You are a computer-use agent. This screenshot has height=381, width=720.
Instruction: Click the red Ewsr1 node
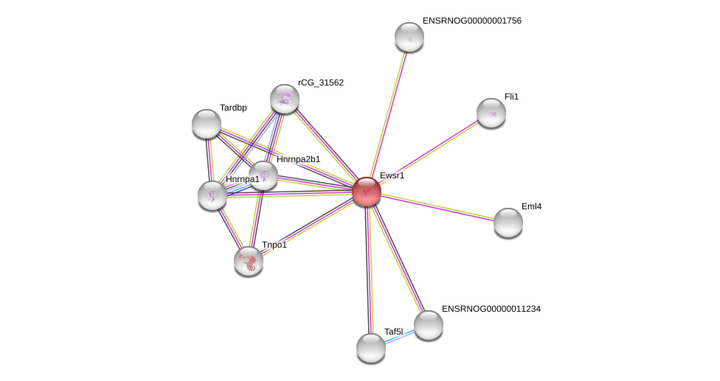[x=367, y=192]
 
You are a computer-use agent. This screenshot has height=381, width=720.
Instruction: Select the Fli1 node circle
[x=491, y=113]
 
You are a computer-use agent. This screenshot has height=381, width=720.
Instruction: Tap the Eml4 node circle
[x=508, y=223]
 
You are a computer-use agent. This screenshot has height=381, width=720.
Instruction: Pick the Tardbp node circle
[x=207, y=124]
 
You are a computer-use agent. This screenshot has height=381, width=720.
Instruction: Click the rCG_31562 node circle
[x=285, y=99]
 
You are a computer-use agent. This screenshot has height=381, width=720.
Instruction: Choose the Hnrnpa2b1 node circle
[x=263, y=176]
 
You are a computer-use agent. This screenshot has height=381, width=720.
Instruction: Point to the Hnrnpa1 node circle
[x=212, y=195]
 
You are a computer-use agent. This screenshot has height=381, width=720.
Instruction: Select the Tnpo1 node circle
[x=249, y=261]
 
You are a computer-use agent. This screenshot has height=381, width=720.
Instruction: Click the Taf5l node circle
[x=371, y=348]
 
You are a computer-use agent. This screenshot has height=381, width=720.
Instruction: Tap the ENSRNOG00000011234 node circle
[x=429, y=325]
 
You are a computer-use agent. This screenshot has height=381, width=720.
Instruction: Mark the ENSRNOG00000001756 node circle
[x=409, y=37]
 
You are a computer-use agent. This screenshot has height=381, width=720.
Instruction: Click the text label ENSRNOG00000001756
[x=472, y=21]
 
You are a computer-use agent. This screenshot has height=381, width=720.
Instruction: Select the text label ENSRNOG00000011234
[x=491, y=309]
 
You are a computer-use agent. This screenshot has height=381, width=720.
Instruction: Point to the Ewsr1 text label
[x=392, y=175]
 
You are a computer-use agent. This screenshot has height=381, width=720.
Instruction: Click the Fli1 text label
[x=511, y=97]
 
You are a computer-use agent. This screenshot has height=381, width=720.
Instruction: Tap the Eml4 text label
[x=531, y=206]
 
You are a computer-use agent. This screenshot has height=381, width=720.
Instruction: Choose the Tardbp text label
[x=233, y=108]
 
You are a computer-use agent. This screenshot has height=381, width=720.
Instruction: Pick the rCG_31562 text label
[x=321, y=83]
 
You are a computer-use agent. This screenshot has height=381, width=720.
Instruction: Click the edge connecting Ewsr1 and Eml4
[x=437, y=207]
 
